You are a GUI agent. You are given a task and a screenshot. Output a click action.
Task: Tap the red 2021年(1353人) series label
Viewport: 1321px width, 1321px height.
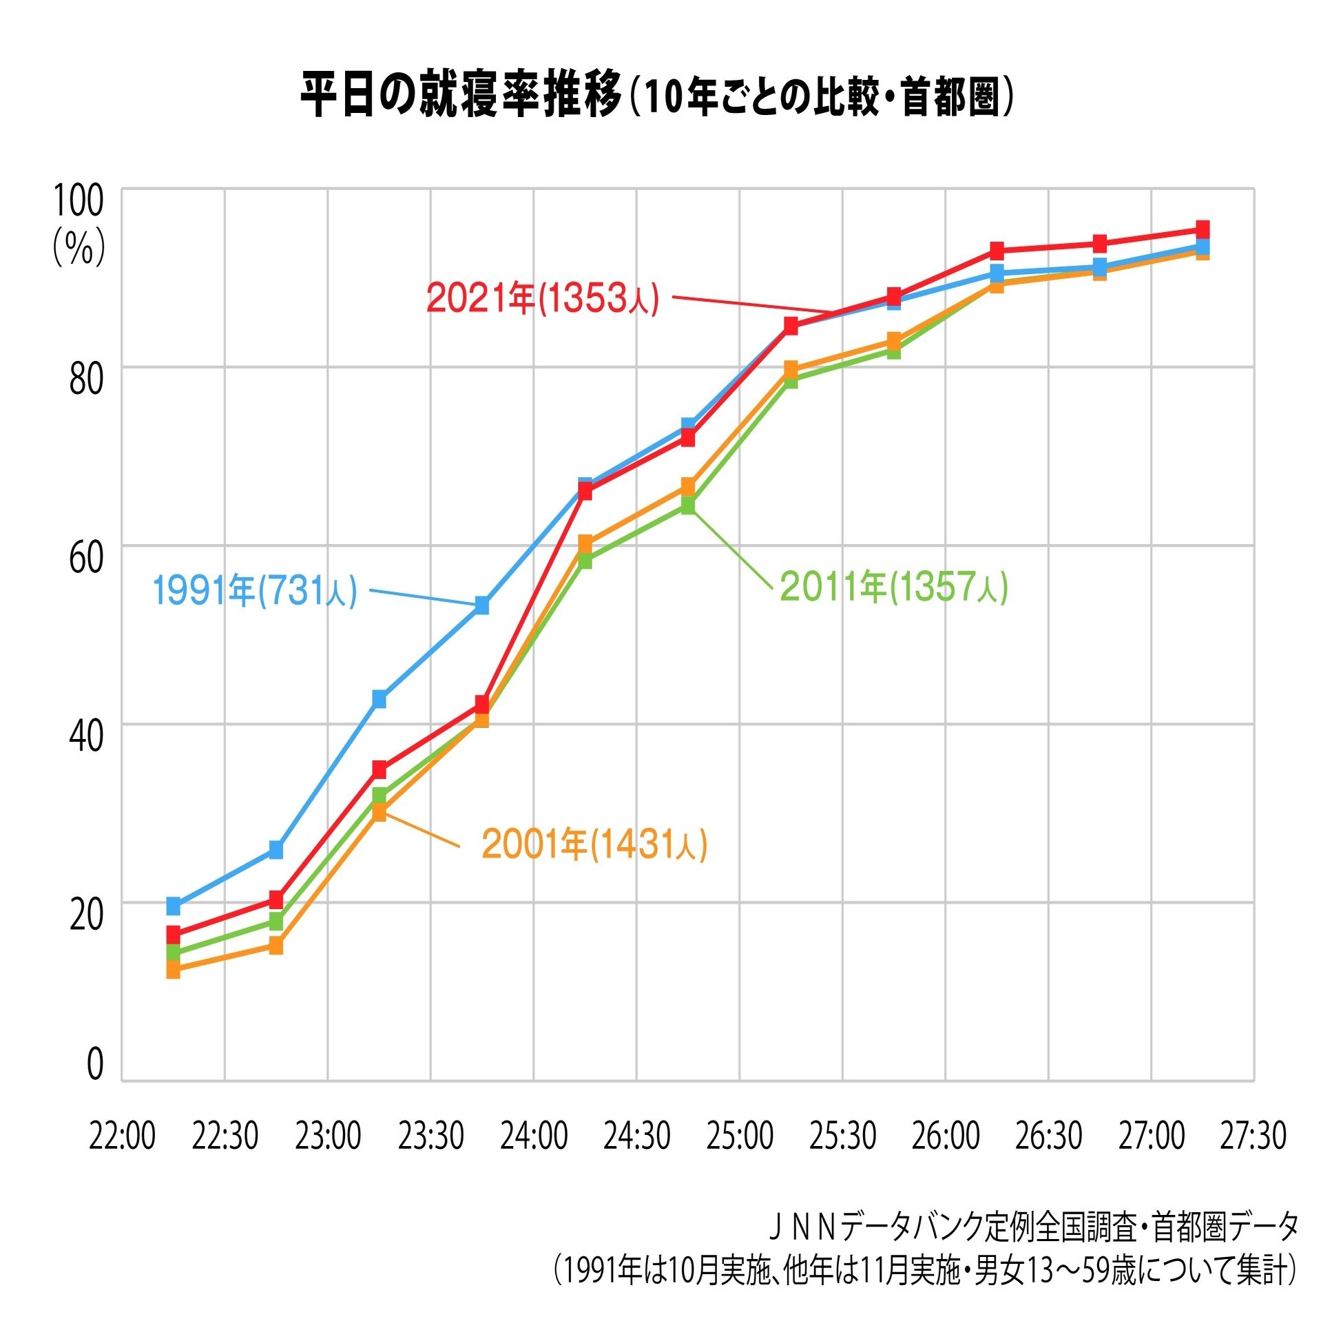tap(543, 298)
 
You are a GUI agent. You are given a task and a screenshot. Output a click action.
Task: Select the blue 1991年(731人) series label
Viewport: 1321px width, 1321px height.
tap(254, 590)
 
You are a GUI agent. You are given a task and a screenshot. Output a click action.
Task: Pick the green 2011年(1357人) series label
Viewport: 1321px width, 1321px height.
tap(893, 587)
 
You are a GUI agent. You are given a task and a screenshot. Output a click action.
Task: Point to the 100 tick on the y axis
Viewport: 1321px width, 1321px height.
tap(78, 200)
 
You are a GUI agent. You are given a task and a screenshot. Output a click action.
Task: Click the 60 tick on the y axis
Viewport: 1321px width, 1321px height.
tap(86, 557)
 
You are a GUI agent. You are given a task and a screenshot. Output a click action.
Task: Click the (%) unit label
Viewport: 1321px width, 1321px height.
tap(79, 247)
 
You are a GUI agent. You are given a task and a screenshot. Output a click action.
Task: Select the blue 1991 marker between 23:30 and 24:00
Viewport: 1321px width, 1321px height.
tap(482, 605)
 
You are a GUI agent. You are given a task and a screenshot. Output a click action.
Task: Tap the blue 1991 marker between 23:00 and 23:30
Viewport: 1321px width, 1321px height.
tap(379, 698)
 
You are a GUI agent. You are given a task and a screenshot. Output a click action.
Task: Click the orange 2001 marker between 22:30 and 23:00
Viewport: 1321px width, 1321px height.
tap(275, 946)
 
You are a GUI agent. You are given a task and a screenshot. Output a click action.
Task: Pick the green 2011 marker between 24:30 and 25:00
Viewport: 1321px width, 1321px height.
tap(688, 506)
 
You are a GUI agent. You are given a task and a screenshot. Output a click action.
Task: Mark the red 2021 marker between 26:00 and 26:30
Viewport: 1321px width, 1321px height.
tap(997, 250)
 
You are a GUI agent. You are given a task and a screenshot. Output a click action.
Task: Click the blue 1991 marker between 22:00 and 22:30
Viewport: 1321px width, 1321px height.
tap(173, 906)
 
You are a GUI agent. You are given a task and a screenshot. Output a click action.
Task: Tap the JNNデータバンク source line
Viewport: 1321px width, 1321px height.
tap(1033, 1227)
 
